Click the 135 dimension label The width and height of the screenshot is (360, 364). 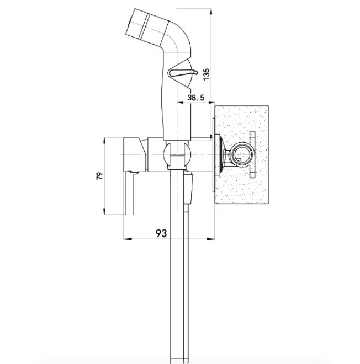(206, 74)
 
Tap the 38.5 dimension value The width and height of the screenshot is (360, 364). (195, 98)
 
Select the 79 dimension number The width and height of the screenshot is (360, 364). (99, 176)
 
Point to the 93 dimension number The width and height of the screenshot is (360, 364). (161, 233)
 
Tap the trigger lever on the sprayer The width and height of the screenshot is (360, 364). (183, 73)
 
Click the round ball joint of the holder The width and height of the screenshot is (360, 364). (177, 155)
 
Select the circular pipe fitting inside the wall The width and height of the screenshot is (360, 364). (242, 154)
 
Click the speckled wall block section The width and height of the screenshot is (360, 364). (242, 155)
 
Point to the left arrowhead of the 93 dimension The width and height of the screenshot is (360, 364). (128, 239)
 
